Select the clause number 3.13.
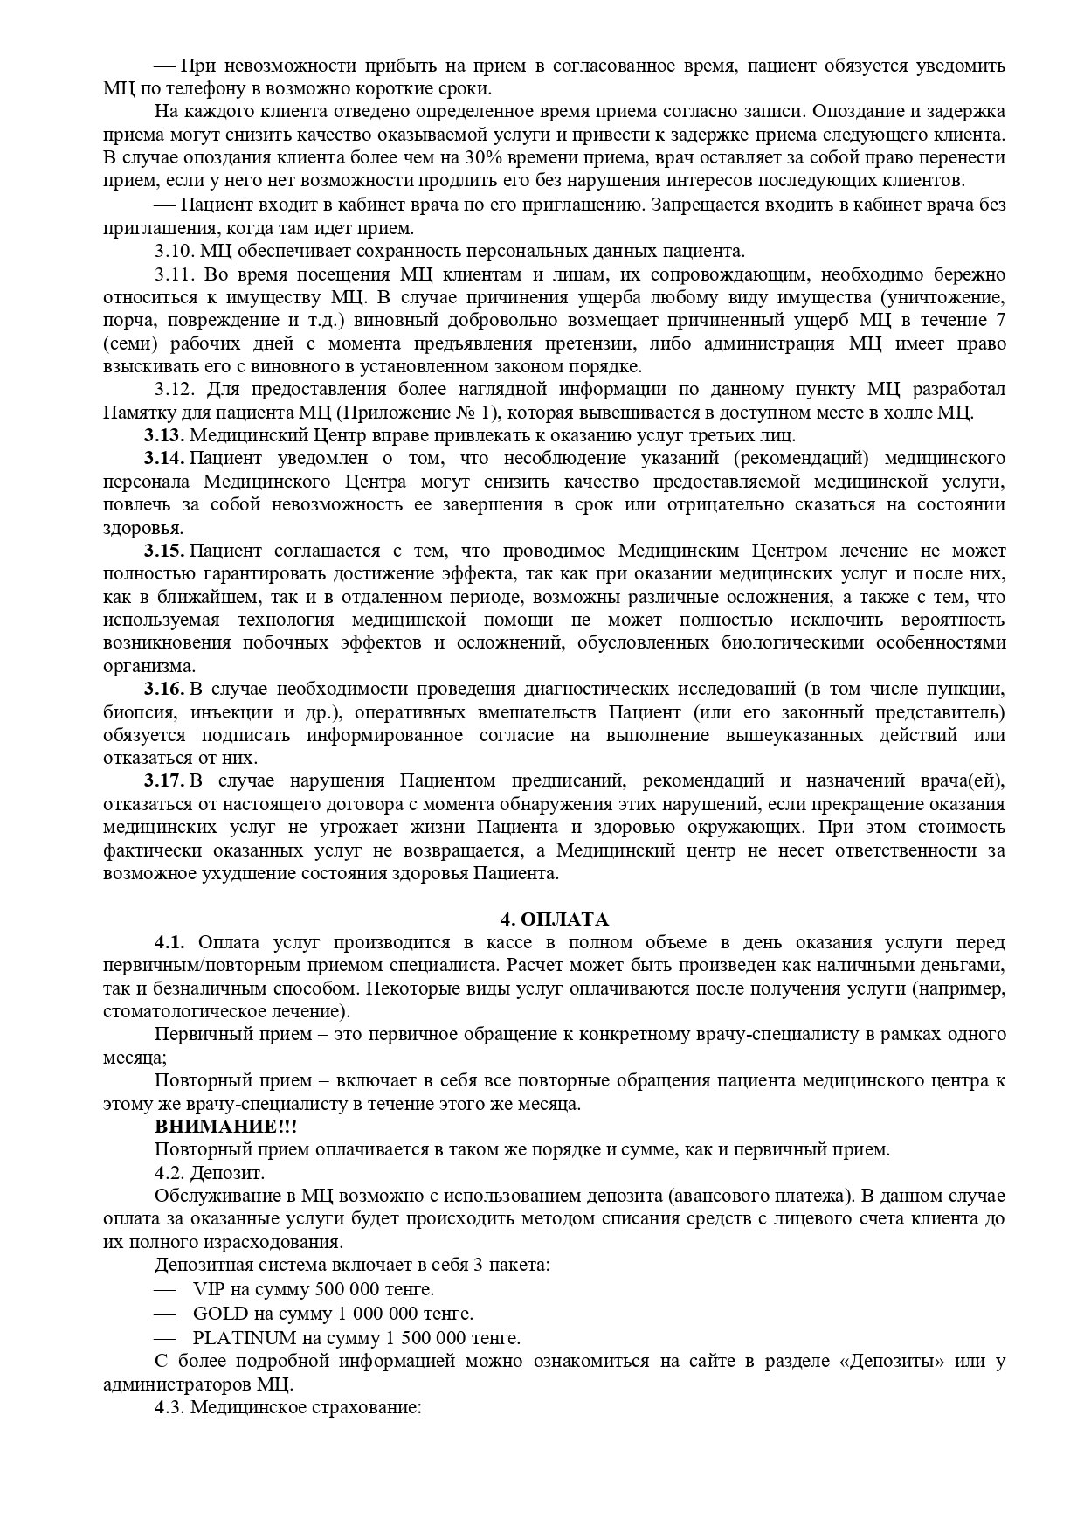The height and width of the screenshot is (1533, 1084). click(164, 435)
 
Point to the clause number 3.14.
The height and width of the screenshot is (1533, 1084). click(164, 458)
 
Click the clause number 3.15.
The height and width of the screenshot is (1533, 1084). click(164, 551)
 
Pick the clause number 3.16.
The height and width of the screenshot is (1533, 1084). click(164, 689)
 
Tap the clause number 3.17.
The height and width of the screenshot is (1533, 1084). click(164, 780)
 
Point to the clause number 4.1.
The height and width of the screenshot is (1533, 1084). click(170, 942)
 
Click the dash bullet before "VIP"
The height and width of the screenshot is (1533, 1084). click(164, 1289)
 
